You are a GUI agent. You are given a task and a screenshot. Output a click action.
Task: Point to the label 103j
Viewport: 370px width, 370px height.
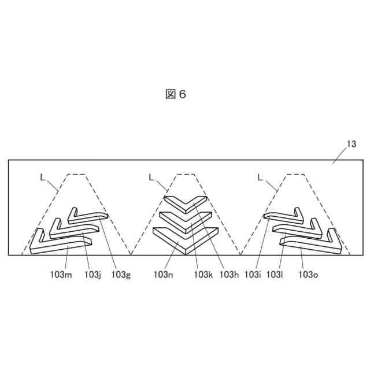92,275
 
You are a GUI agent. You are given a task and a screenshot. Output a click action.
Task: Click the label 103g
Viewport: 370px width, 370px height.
121,275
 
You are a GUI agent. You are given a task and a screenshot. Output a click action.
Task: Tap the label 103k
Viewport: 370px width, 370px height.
204,275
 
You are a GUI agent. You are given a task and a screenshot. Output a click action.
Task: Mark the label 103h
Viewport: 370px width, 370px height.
230,275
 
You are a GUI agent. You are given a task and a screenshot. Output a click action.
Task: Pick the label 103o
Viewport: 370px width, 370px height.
308,275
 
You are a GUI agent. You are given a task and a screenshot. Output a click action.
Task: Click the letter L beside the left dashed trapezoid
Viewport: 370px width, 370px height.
42,178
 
